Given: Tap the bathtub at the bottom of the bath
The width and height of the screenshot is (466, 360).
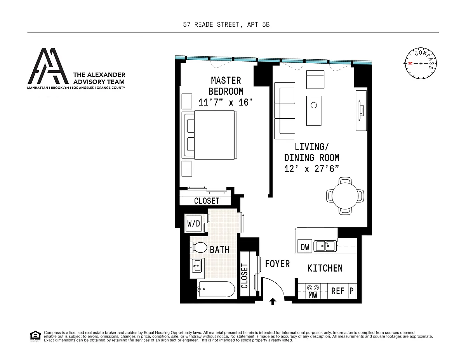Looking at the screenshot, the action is [x=217, y=289].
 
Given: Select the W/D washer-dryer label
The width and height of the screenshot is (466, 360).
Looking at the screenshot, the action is [x=194, y=223].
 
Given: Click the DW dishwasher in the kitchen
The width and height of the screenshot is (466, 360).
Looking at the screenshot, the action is [x=305, y=247].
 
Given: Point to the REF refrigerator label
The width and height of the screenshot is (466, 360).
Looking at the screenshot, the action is [x=338, y=291].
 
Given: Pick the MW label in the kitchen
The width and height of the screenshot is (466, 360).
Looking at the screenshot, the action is [x=313, y=295].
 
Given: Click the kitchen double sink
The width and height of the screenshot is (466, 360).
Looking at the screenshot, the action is [x=325, y=246].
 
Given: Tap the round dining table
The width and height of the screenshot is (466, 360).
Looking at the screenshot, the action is [x=345, y=196].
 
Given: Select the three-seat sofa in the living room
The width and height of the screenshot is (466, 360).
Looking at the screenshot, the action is [x=285, y=111].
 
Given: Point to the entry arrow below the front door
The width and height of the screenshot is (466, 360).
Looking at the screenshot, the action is [x=273, y=301].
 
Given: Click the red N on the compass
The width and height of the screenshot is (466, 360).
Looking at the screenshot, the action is [x=410, y=63].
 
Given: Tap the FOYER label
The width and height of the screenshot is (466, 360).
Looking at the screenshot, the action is [x=278, y=264].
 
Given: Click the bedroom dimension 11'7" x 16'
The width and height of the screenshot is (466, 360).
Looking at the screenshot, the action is [x=226, y=102].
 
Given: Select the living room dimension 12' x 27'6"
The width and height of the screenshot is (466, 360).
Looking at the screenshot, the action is [x=311, y=169].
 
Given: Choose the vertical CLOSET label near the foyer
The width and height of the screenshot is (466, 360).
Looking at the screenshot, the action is [x=245, y=276].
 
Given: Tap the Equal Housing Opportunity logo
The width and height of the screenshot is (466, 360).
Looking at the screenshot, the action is [x=35, y=336].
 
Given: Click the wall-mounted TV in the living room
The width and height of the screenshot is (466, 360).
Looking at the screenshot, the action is [x=362, y=111].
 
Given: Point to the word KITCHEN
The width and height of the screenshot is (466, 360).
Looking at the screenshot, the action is [x=325, y=268].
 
